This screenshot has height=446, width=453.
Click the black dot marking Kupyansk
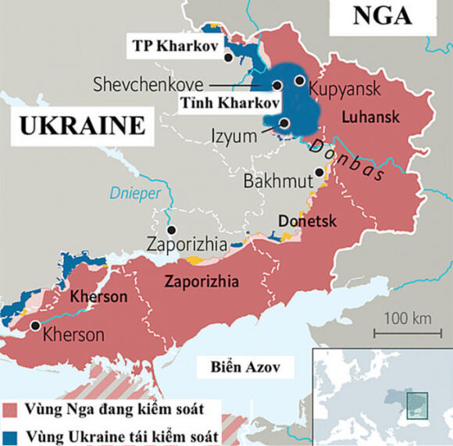(x=299, y=80)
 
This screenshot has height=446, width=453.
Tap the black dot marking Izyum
(x=284, y=123)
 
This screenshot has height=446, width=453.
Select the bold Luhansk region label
(x=371, y=117)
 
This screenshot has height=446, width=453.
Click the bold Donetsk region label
(x=307, y=221)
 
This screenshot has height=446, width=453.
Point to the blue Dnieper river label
(x=134, y=192)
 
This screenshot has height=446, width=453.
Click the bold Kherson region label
(x=98, y=298)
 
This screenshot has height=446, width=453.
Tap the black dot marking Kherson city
(x=35, y=326)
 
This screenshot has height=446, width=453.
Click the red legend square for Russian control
(x=11, y=410)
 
